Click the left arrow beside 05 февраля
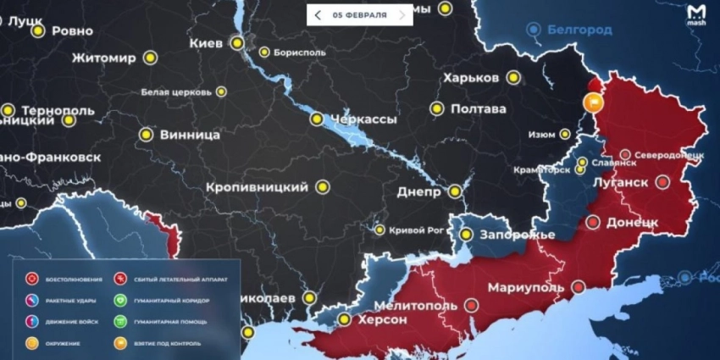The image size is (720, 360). pos(318,15)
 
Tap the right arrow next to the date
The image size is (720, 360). pos(402,15)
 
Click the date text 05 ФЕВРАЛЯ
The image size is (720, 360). pos(360,15)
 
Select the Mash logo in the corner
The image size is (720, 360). pos(695,14)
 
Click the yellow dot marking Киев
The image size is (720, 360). pos(239,42)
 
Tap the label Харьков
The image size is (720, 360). pos(470,78)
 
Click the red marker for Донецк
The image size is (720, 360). pos(593,223)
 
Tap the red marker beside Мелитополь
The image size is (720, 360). pos(471,305)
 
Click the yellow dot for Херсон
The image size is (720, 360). pos(344,319)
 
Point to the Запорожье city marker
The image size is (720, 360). pos(466,234)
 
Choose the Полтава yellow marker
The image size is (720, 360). pos(437,108)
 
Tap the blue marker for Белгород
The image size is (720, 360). pos(534,30)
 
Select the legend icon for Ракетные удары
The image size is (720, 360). pos(32,300)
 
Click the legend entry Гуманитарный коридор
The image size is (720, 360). pos(167,300)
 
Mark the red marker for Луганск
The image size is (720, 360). pos(662,181)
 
